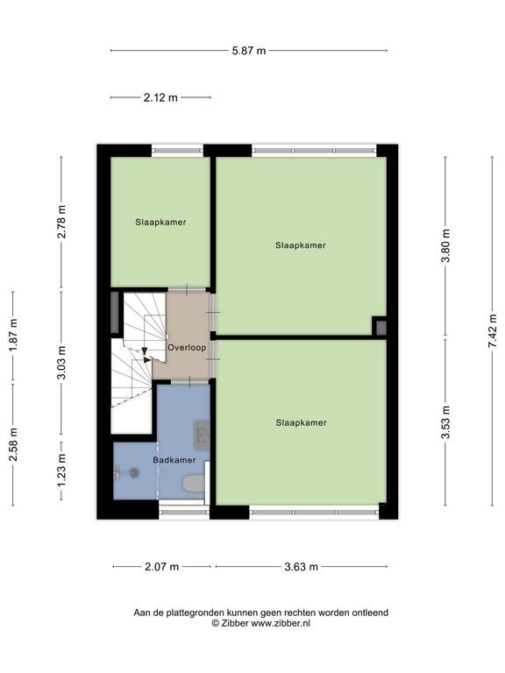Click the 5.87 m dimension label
click(249, 51)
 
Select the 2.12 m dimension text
click(160, 98)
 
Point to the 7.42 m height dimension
click(492, 331)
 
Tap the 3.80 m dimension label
click(446, 245)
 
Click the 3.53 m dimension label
click(446, 422)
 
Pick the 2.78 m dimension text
click(62, 222)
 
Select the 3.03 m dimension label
click(62, 363)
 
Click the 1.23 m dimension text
click(62, 471)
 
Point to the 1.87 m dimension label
click(13, 335)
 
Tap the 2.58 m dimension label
click(13, 444)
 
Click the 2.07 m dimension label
click(161, 567)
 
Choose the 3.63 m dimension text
click(301, 567)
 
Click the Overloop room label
click(187, 348)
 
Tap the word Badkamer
click(174, 460)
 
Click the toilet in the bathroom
click(193, 484)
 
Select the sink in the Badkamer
click(202, 435)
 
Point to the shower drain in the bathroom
click(135, 473)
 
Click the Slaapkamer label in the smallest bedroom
click(160, 223)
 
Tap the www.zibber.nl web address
click(280, 624)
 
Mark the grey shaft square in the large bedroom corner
click(381, 328)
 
